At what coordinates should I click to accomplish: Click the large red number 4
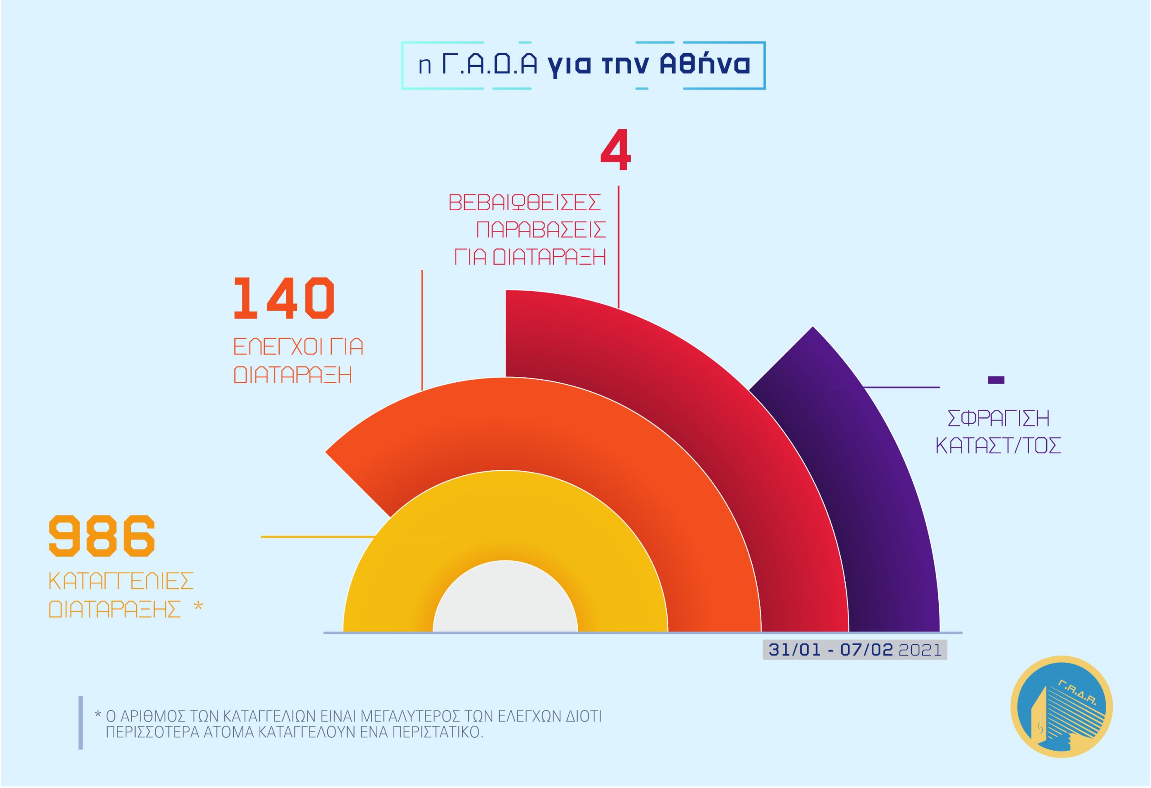(x=616, y=150)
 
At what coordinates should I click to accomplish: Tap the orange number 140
(x=284, y=298)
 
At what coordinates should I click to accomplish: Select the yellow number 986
(x=102, y=535)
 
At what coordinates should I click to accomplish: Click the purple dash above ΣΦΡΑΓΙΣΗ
(x=996, y=380)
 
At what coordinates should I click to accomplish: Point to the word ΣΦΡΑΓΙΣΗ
(x=998, y=418)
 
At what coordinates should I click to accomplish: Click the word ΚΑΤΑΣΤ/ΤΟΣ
(x=998, y=446)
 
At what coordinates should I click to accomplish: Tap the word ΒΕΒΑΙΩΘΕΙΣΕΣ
(x=525, y=203)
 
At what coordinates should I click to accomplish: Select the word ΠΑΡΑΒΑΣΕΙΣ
(x=541, y=230)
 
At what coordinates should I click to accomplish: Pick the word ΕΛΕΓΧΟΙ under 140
(x=276, y=346)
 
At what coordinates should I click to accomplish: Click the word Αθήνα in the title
(x=705, y=64)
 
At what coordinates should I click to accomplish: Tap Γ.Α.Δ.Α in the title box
(x=489, y=64)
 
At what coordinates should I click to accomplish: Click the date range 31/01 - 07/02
(x=830, y=650)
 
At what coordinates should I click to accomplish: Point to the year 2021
(x=920, y=650)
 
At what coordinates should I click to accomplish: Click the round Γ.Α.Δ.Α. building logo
(x=1062, y=707)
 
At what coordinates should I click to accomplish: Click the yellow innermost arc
(x=505, y=515)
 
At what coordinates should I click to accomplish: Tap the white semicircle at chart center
(x=505, y=599)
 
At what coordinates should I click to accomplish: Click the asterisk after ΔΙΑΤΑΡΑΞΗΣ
(x=198, y=606)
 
